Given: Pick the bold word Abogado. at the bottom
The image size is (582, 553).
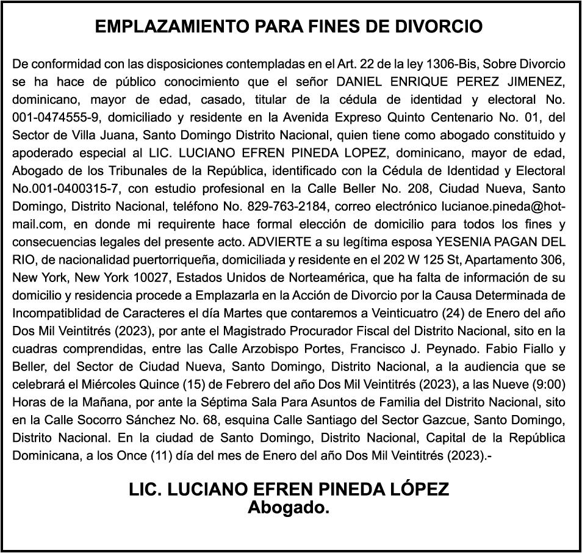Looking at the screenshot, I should pyautogui.click(x=289, y=507).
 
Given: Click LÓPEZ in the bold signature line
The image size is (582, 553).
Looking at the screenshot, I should pyautogui.click(x=415, y=490).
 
